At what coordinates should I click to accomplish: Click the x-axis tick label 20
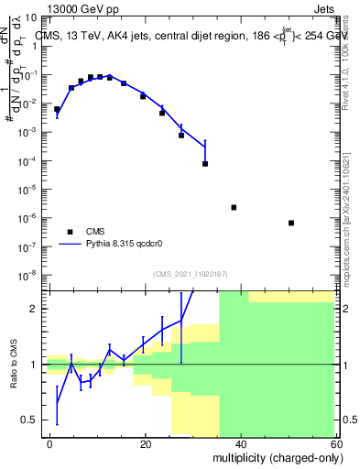click(145, 442)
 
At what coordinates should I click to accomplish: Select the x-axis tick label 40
click(240, 442)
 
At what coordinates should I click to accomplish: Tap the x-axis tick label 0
click(50, 442)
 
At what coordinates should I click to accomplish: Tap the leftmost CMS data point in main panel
click(57, 109)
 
